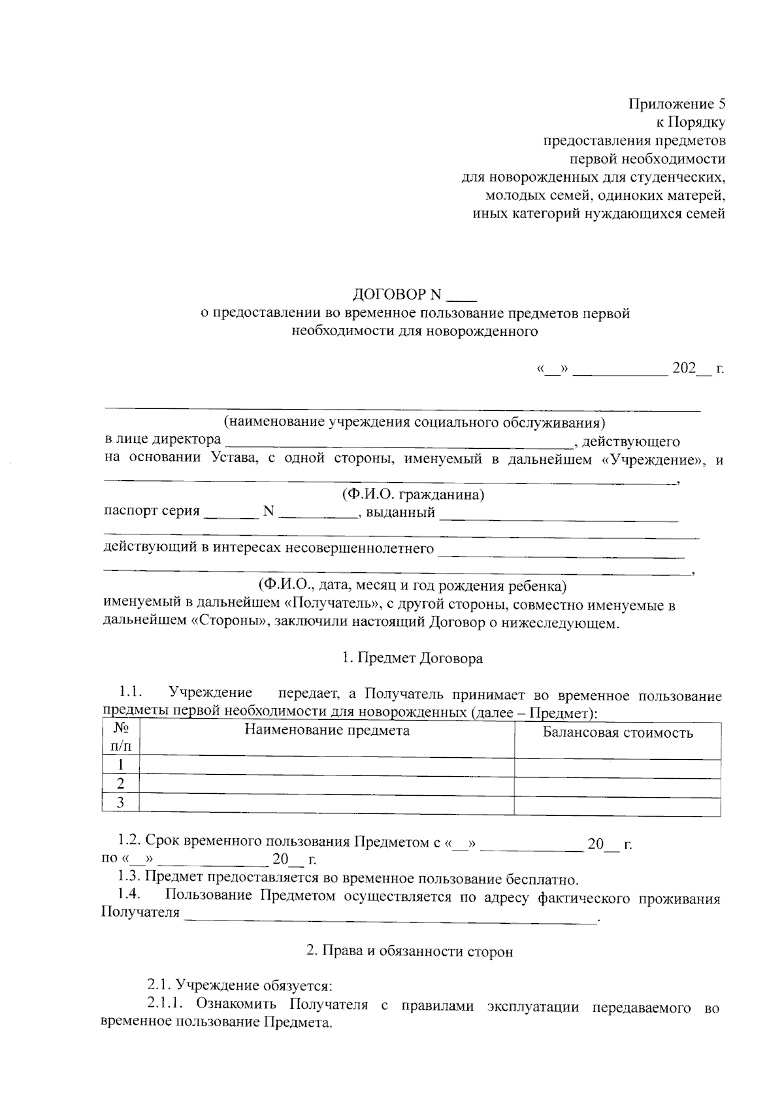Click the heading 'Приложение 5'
677,104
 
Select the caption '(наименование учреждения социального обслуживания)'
414,421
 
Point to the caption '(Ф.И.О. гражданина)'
414,495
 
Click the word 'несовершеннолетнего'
367,547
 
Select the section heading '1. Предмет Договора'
413,658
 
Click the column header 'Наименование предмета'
327,730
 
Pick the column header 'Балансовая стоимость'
617,732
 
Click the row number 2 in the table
121,784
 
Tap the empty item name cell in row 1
327,765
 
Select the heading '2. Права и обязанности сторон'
410,951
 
